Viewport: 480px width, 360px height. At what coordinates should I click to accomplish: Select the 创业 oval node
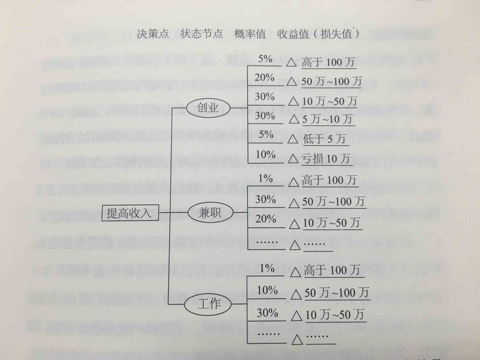tap(208, 108)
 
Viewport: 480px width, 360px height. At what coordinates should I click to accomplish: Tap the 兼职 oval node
tap(210, 213)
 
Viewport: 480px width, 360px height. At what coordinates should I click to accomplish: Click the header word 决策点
tap(153, 34)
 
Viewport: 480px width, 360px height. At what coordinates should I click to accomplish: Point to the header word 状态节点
tap(202, 34)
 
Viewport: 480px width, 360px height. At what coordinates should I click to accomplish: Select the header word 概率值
tap(250, 34)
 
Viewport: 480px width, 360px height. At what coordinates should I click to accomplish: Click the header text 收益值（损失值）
tap(319, 34)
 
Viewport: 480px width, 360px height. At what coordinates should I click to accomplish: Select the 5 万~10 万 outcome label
tap(327, 120)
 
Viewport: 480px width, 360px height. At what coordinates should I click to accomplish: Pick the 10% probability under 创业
tap(266, 154)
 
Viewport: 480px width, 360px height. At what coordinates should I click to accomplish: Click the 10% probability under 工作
tap(267, 290)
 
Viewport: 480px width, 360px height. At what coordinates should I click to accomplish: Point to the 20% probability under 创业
tap(264, 77)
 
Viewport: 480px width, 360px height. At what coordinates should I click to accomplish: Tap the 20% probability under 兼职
tap(266, 219)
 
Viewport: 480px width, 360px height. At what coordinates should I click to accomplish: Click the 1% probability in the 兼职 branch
tap(266, 179)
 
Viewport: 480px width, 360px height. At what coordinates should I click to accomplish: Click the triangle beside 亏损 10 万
tap(293, 159)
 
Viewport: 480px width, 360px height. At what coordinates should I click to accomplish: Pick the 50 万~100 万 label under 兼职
tap(333, 202)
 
